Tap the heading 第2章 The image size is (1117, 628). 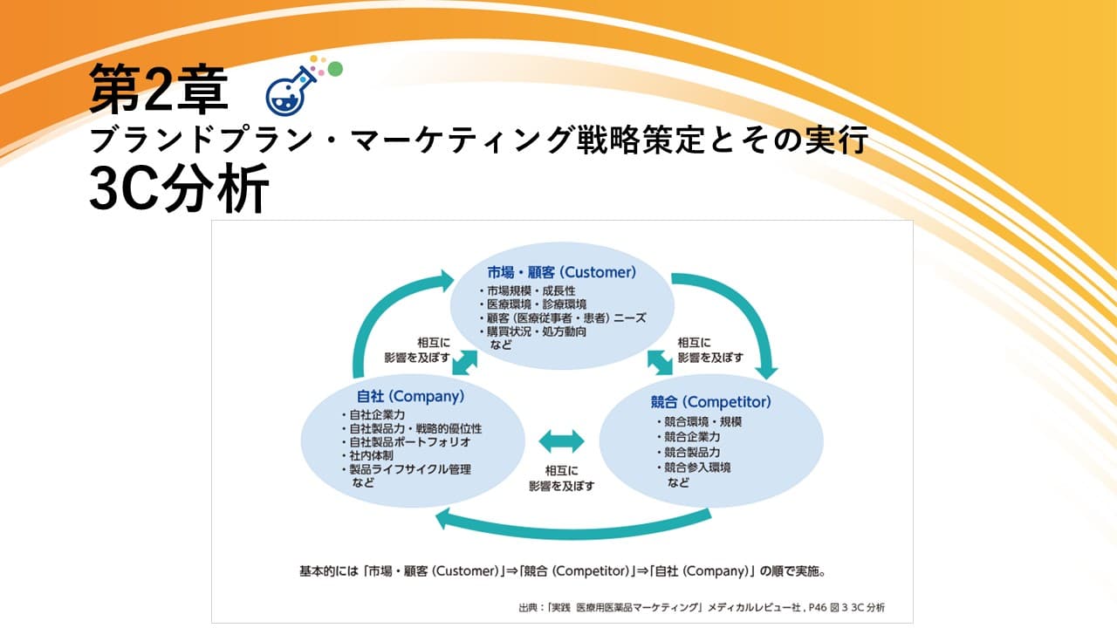click(x=159, y=89)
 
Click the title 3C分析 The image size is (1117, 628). click(x=180, y=189)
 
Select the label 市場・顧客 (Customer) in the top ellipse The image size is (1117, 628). click(x=561, y=272)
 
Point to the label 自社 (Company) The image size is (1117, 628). click(x=410, y=396)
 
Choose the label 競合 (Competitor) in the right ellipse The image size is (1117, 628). click(x=710, y=402)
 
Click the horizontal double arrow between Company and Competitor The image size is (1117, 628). click(x=561, y=441)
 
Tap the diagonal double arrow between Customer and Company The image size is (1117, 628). click(x=465, y=362)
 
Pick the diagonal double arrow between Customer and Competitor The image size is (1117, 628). click(x=660, y=362)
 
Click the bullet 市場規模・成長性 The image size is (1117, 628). click(x=528, y=291)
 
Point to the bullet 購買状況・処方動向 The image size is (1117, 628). click(x=533, y=331)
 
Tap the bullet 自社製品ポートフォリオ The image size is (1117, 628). click(x=407, y=442)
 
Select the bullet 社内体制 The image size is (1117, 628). click(x=368, y=455)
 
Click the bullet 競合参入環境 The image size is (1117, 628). click(x=694, y=468)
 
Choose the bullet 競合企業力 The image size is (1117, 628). click(x=689, y=437)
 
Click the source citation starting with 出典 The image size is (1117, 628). click(x=702, y=608)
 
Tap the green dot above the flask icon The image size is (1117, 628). click(x=336, y=69)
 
